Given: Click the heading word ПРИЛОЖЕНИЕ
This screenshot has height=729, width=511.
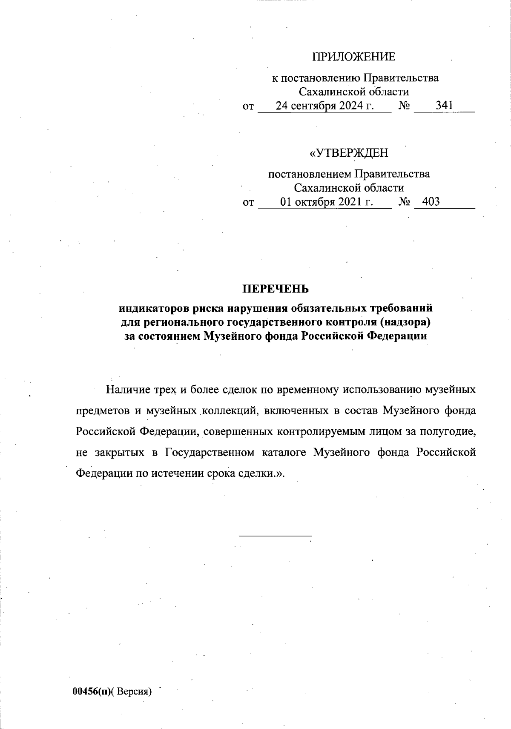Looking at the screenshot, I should click(354, 57).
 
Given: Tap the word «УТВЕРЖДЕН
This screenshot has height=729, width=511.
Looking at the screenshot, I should click(349, 153).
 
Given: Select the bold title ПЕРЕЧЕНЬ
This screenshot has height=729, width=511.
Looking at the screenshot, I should click(276, 289).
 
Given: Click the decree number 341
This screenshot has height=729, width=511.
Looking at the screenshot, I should click(444, 106).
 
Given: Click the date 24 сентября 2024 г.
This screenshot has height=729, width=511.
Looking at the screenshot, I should click(325, 106).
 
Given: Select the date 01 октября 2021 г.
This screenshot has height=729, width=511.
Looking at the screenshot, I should click(326, 201).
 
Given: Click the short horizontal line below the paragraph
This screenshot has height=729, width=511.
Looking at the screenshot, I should click(276, 535).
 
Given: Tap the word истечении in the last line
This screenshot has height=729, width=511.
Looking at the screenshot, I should click(176, 474).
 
